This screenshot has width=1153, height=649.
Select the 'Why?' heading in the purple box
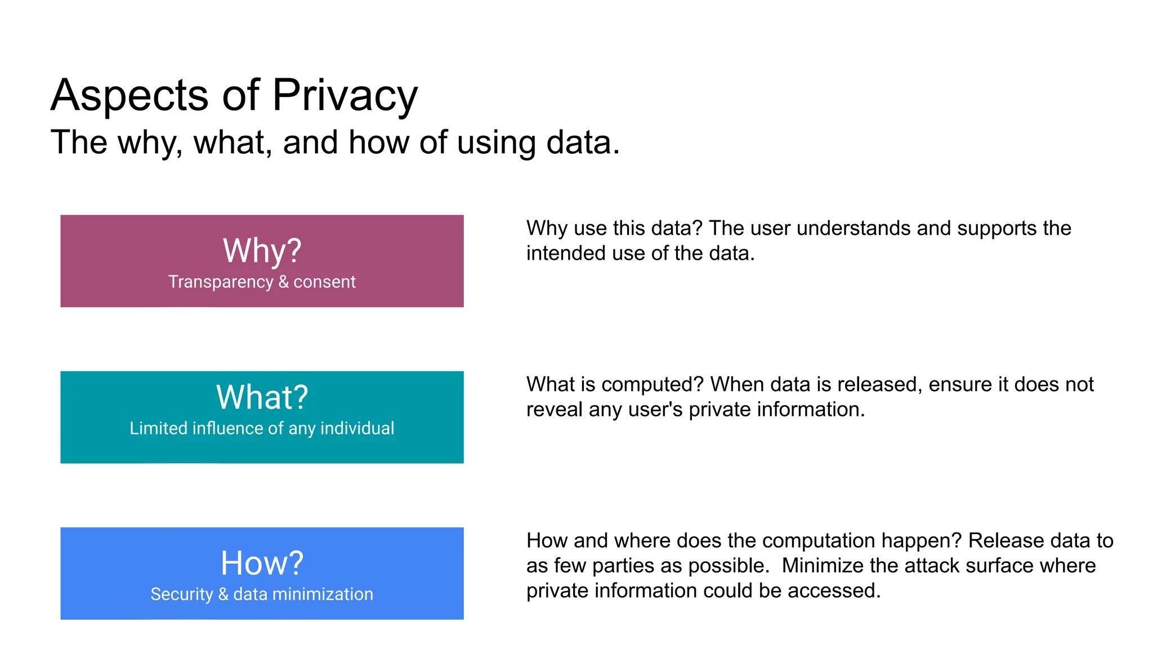(x=262, y=251)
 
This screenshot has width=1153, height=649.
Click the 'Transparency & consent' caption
(x=262, y=282)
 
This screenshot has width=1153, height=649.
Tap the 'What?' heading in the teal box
(x=262, y=397)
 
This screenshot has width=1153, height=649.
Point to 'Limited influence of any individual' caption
(x=262, y=428)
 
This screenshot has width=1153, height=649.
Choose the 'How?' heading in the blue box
(x=262, y=563)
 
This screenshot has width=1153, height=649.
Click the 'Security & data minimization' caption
(x=262, y=594)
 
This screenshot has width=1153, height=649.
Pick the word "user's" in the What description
(x=655, y=410)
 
